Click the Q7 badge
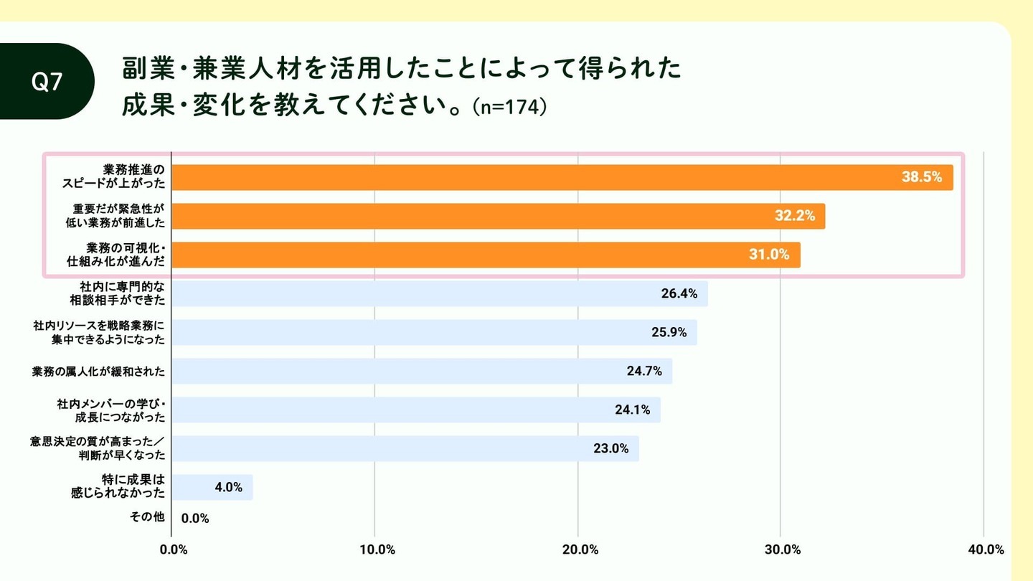(47, 82)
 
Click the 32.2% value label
(795, 216)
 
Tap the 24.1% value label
(632, 410)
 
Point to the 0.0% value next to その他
(195, 518)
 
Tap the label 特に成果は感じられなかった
(118, 486)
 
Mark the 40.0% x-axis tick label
(986, 550)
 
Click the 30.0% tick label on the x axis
(783, 550)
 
